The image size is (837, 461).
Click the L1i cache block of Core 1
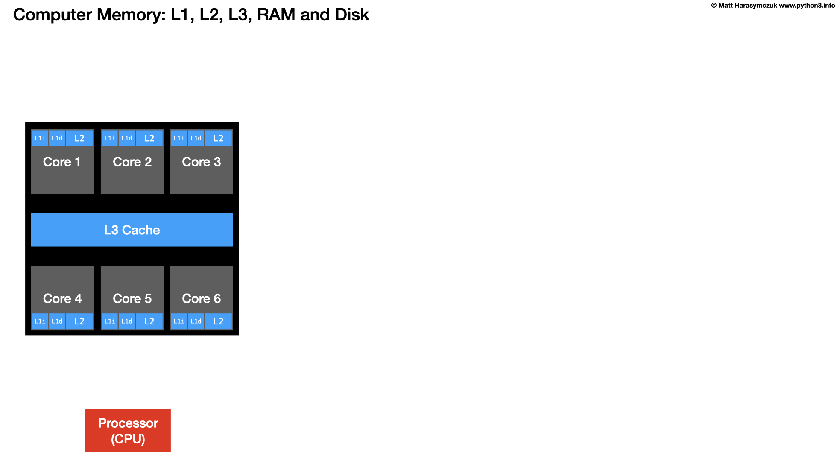pyautogui.click(x=40, y=138)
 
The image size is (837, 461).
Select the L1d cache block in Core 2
pyautogui.click(x=127, y=138)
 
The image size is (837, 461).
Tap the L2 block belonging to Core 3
pyautogui.click(x=218, y=138)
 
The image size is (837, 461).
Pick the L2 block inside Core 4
pyautogui.click(x=79, y=321)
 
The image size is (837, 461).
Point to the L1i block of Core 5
pyautogui.click(x=110, y=321)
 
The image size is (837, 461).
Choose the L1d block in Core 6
pyautogui.click(x=196, y=321)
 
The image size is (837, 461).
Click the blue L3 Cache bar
pyautogui.click(x=132, y=230)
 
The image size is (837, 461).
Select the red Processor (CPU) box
pyautogui.click(x=128, y=430)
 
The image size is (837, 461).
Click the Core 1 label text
pyautogui.click(x=62, y=162)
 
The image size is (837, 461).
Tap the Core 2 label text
pyautogui.click(x=132, y=162)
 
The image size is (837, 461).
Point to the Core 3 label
pyautogui.click(x=202, y=162)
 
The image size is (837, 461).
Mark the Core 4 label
pyautogui.click(x=62, y=299)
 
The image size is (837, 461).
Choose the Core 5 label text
pyautogui.click(x=132, y=299)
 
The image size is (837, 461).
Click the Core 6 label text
pyautogui.click(x=202, y=299)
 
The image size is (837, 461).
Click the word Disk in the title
pyautogui.click(x=352, y=15)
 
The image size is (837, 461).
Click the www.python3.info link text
pyautogui.click(x=807, y=6)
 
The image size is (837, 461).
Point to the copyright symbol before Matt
pyautogui.click(x=714, y=6)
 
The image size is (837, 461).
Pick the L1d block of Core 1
pyautogui.click(x=57, y=138)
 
